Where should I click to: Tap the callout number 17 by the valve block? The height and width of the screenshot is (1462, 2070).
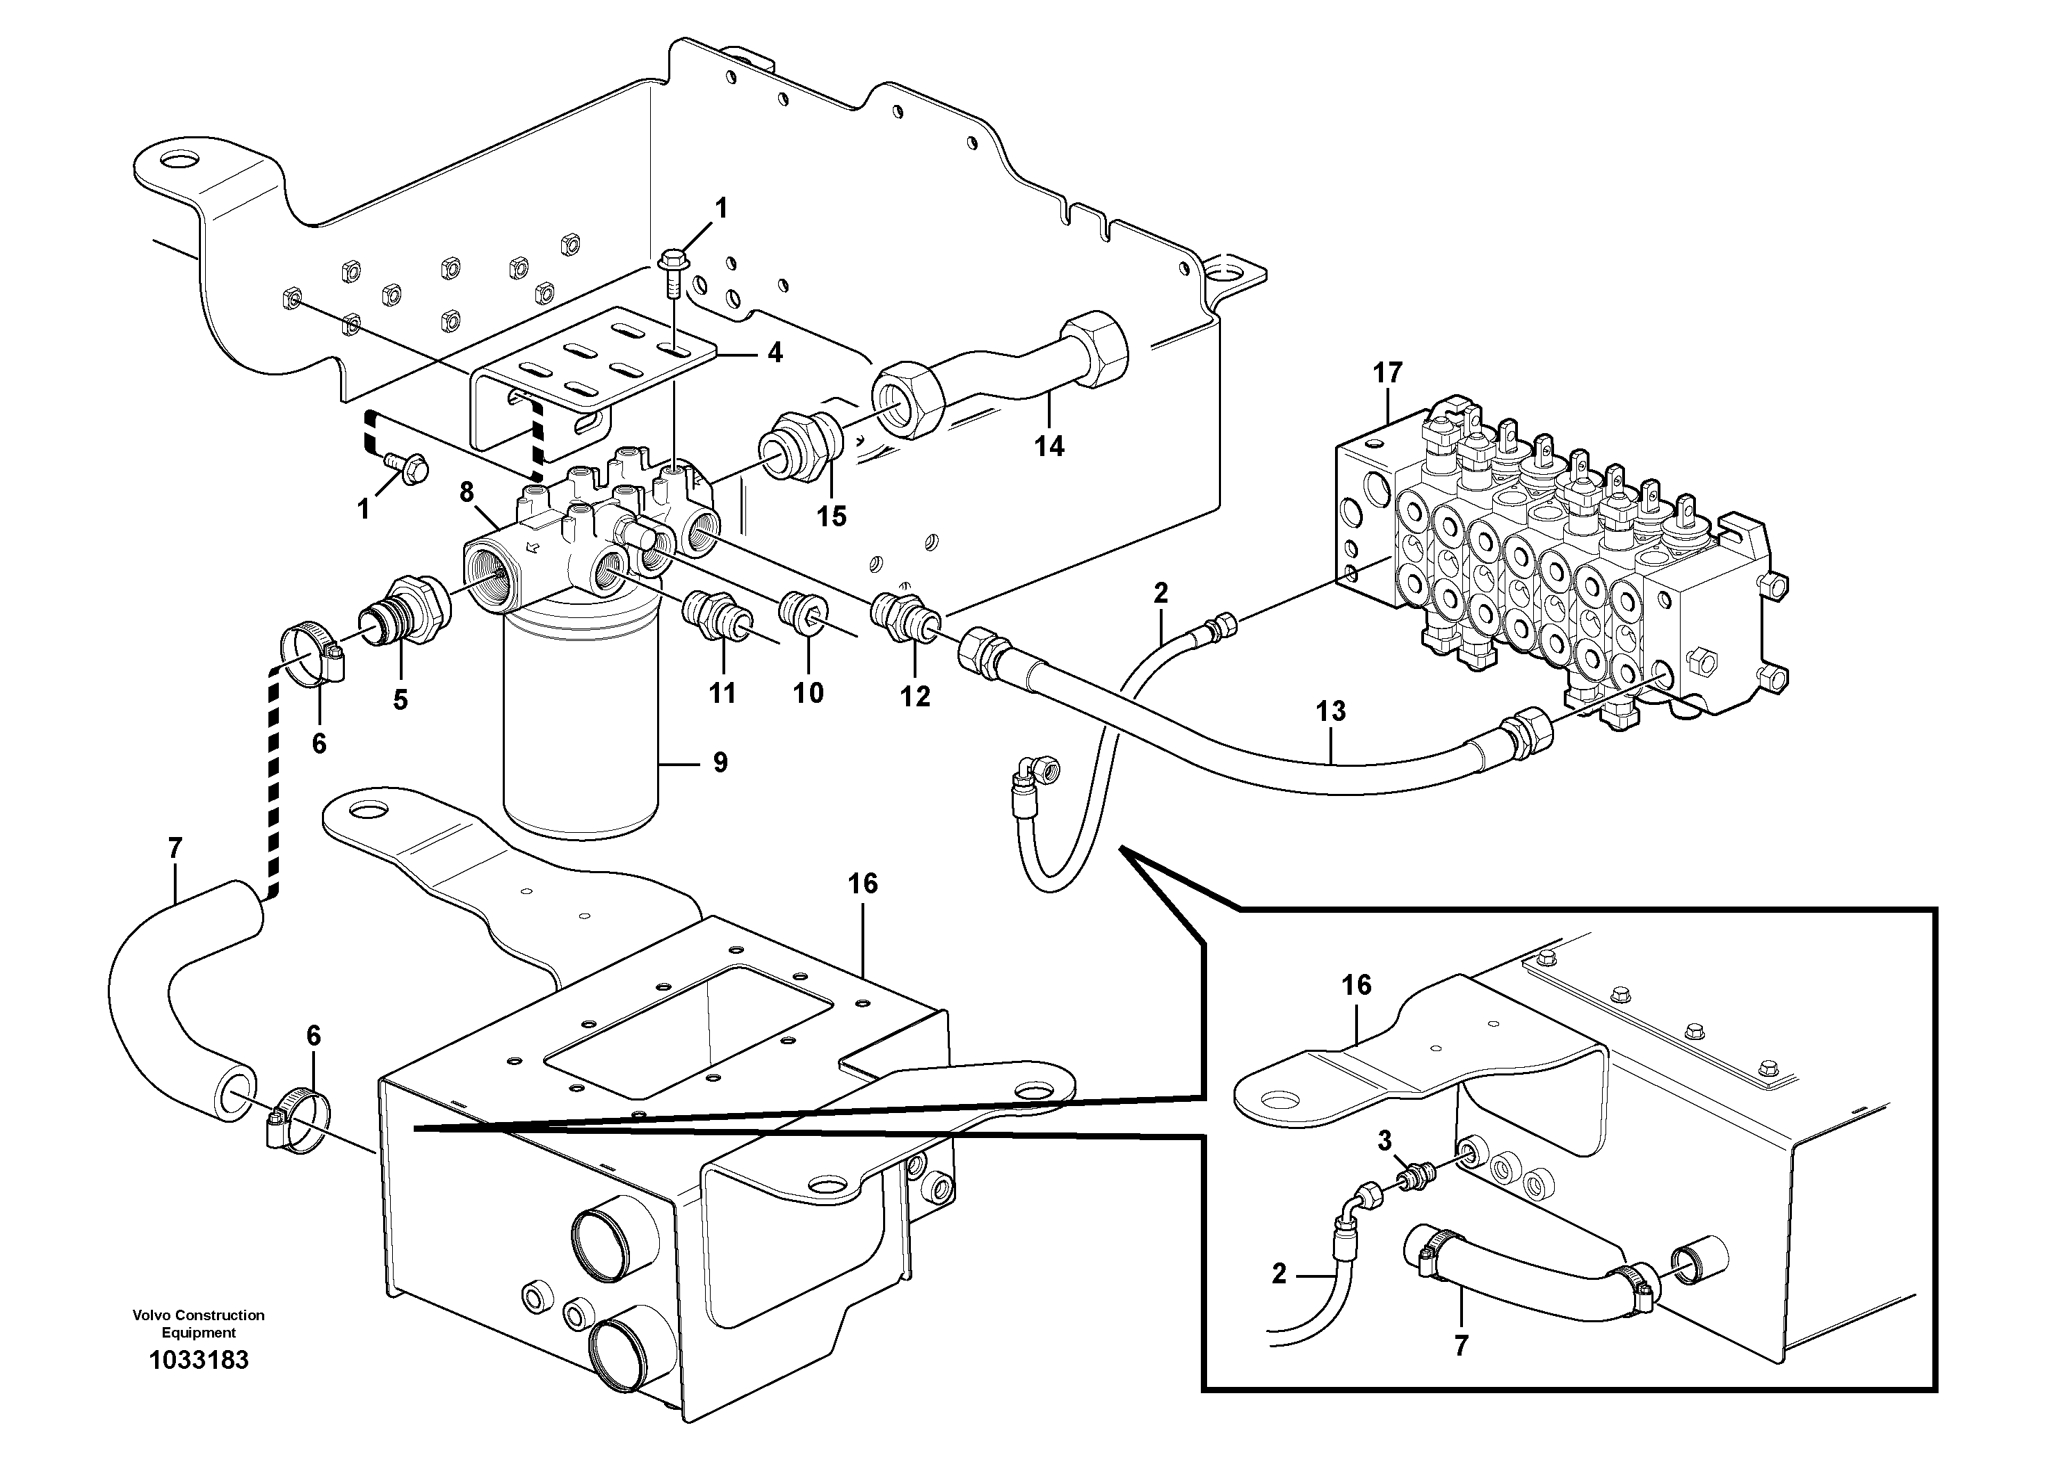pyautogui.click(x=1389, y=372)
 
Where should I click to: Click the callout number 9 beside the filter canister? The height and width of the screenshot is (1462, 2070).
pyautogui.click(x=720, y=763)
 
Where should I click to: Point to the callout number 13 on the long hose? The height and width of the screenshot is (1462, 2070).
pyautogui.click(x=1331, y=710)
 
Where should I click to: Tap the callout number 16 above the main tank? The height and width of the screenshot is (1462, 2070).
pyautogui.click(x=863, y=884)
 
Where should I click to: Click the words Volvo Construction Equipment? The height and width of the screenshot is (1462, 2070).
pyautogui.click(x=198, y=1323)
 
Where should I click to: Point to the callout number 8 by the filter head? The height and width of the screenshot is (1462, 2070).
pyautogui.click(x=466, y=492)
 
